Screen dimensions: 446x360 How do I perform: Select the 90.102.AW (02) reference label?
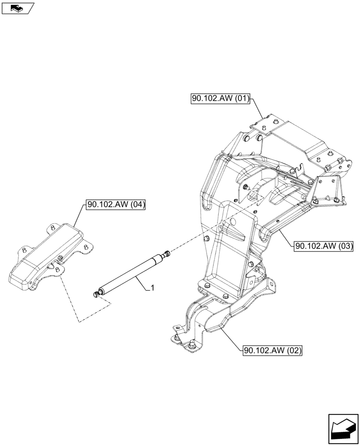pyautogui.click(x=273, y=351)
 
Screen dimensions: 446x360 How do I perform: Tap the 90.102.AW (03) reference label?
pyautogui.click(x=323, y=245)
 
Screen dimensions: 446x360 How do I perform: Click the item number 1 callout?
pyautogui.click(x=153, y=289)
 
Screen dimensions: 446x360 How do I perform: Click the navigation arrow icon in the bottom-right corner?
pyautogui.click(x=343, y=429)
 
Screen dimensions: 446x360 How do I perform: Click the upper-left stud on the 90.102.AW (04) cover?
pyautogui.click(x=52, y=228)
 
